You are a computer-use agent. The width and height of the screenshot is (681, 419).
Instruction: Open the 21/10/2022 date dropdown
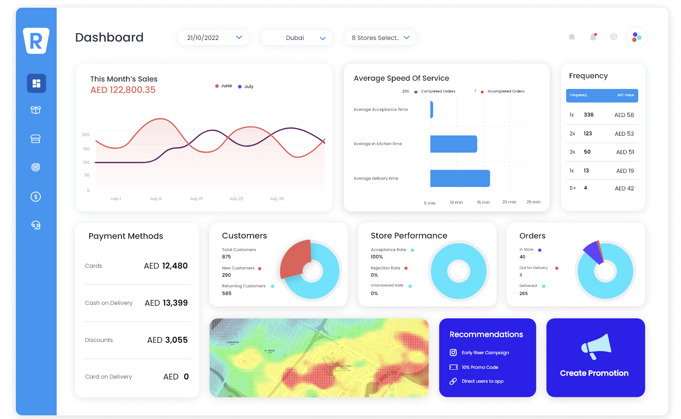pyautogui.click(x=213, y=37)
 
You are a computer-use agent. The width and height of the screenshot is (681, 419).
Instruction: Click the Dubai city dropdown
pyautogui.click(x=296, y=37)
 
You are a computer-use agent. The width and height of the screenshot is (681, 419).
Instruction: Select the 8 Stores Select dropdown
pyautogui.click(x=380, y=37)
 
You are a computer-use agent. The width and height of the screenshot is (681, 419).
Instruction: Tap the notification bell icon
pyautogui.click(x=593, y=37)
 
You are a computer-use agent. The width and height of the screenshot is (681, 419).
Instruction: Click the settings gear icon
pyautogui.click(x=613, y=37)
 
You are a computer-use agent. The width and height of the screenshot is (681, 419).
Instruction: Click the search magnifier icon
pyautogui.click(x=572, y=37)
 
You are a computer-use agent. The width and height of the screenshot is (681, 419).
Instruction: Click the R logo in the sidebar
pyautogui.click(x=36, y=41)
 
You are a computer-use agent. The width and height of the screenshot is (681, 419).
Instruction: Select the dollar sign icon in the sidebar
pyautogui.click(x=36, y=197)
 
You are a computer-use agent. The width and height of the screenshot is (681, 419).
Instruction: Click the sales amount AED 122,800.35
pyautogui.click(x=123, y=90)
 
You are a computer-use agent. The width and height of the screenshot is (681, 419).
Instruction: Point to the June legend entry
pyautogui.click(x=224, y=86)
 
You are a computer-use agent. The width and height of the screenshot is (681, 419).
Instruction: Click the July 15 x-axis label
pyautogui.click(x=196, y=199)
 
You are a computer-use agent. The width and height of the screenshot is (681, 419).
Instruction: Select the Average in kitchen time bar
pyautogui.click(x=453, y=144)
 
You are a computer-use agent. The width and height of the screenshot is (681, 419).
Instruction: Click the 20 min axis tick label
pyautogui.click(x=509, y=202)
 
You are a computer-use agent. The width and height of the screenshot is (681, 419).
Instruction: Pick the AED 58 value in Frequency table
pyautogui.click(x=624, y=115)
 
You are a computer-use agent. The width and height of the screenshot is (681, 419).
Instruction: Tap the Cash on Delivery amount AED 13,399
pyautogui.click(x=166, y=303)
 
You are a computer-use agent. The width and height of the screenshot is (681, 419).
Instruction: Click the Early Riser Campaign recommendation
pyautogui.click(x=485, y=353)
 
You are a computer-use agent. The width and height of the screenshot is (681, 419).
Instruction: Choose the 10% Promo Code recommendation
pyautogui.click(x=480, y=367)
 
